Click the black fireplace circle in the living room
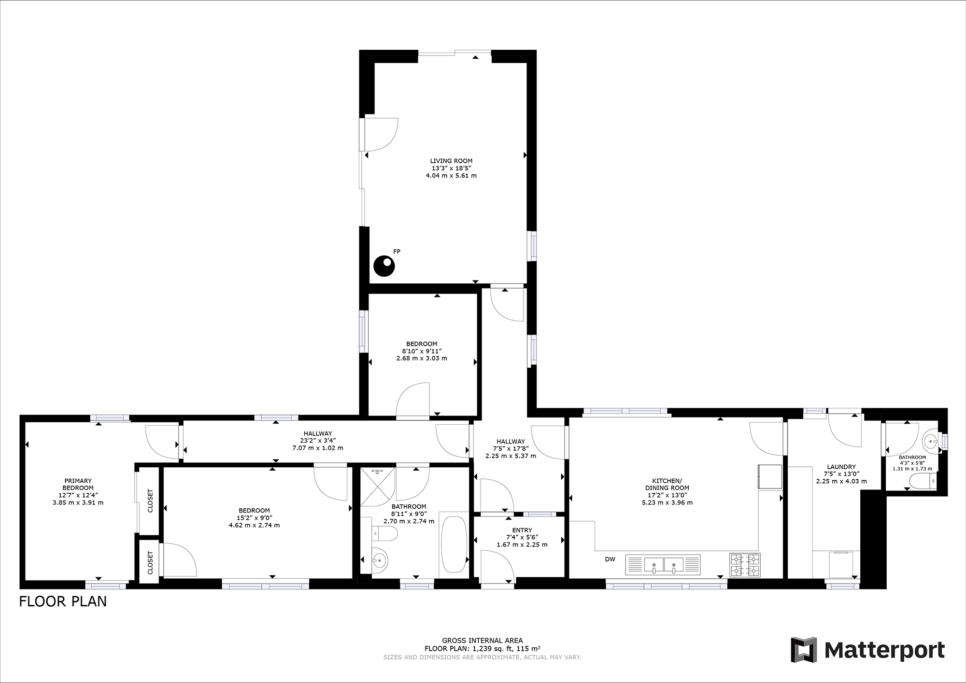pyautogui.click(x=384, y=266)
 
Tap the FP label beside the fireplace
pyautogui.click(x=397, y=251)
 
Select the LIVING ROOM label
pyautogui.click(x=451, y=161)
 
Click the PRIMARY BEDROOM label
pyautogui.click(x=78, y=484)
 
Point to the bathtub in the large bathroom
pyautogui.click(x=454, y=544)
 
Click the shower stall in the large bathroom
pyautogui.click(x=378, y=486)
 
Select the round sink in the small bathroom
pyautogui.click(x=930, y=440)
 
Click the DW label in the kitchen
pyautogui.click(x=610, y=559)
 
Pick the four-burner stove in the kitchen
pyautogui.click(x=744, y=565)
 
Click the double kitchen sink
pyautogui.click(x=663, y=564)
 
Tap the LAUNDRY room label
pyautogui.click(x=841, y=467)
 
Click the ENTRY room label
pyautogui.click(x=522, y=530)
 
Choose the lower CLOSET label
pyautogui.click(x=150, y=563)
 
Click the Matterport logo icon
pyautogui.click(x=804, y=650)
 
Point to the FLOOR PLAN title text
pyautogui.click(x=63, y=601)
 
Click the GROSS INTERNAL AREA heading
pyautogui.click(x=482, y=641)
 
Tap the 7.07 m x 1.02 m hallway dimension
pyautogui.click(x=318, y=448)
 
